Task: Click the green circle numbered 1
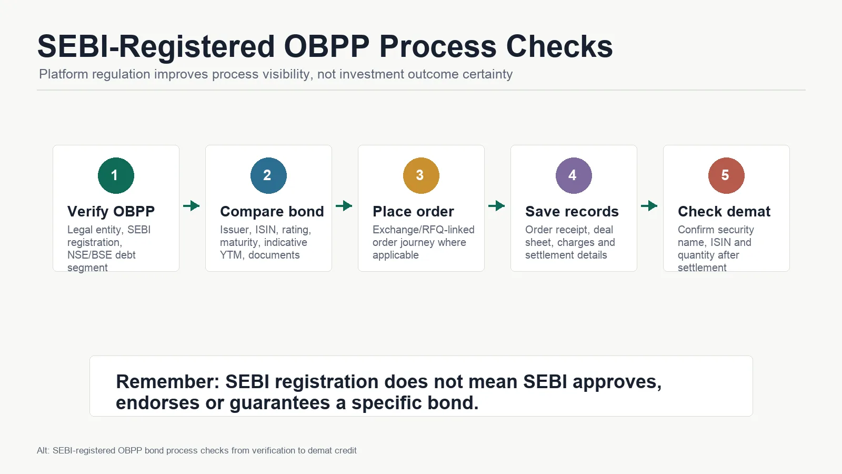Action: tap(116, 175)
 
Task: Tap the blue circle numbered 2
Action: tap(268, 175)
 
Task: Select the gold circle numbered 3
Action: tap(421, 175)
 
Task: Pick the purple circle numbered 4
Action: tap(574, 175)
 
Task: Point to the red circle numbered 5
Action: tap(726, 175)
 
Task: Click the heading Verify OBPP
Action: tap(111, 211)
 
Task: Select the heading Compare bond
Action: tap(272, 211)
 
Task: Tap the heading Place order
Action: tap(413, 211)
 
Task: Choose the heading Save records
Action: tap(572, 211)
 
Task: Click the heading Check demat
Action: tap(724, 211)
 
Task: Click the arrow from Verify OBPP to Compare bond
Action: tap(192, 206)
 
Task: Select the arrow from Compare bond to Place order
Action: tap(344, 206)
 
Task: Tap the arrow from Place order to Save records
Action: tap(497, 206)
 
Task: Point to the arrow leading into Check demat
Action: tap(649, 206)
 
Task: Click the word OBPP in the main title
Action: tap(327, 46)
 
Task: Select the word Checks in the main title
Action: tap(559, 46)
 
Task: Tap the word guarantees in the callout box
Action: tap(282, 403)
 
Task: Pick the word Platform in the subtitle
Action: tap(64, 74)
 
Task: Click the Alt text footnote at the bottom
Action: tap(197, 450)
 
